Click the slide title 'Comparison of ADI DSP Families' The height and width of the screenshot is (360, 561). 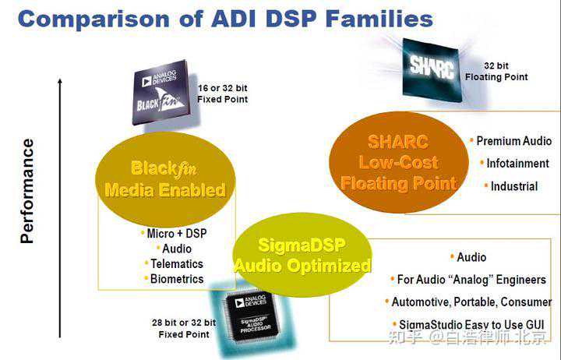tap(225, 19)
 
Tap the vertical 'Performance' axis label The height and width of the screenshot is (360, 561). tap(28, 191)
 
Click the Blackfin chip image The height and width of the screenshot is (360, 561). tap(161, 91)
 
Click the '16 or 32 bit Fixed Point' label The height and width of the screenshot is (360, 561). tap(222, 94)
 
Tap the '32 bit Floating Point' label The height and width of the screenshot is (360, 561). tap(496, 72)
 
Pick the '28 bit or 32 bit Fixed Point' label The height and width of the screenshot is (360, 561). tap(184, 328)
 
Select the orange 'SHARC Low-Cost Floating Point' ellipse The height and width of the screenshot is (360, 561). tap(397, 163)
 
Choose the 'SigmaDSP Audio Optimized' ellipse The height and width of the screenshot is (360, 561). tap(302, 254)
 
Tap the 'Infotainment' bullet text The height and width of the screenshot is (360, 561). tap(517, 164)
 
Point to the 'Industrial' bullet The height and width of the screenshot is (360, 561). tap(513, 186)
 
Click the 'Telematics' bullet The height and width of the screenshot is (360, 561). tap(177, 263)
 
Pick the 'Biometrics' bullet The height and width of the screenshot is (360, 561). tap(177, 279)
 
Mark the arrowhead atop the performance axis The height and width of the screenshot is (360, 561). tap(60, 81)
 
